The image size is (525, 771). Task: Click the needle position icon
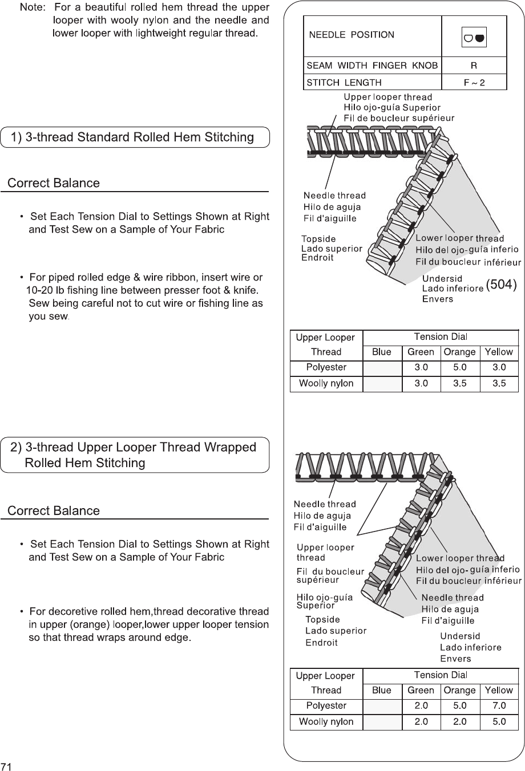coord(474,38)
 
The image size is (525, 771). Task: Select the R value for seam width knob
coord(474,66)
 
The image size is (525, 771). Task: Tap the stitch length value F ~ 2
coord(474,83)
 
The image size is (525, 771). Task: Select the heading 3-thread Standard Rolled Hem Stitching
coord(134,137)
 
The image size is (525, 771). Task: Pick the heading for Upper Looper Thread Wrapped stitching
coord(134,455)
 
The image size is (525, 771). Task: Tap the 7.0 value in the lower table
coord(499,706)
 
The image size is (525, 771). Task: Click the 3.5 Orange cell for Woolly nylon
coord(459,384)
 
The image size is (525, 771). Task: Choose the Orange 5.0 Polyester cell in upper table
coord(459,368)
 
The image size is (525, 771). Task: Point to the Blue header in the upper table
coord(381,352)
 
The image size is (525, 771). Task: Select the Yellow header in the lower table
coord(499,691)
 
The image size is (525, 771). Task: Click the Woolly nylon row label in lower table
coord(326,722)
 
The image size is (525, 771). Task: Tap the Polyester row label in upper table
coord(326,368)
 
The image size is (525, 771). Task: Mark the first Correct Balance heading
coord(53,183)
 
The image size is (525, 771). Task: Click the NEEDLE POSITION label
coord(352,35)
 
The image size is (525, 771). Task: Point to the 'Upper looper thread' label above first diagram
coord(387,97)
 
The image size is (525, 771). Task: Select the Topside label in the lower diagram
coord(322,619)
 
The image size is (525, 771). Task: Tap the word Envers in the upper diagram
coord(437,299)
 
